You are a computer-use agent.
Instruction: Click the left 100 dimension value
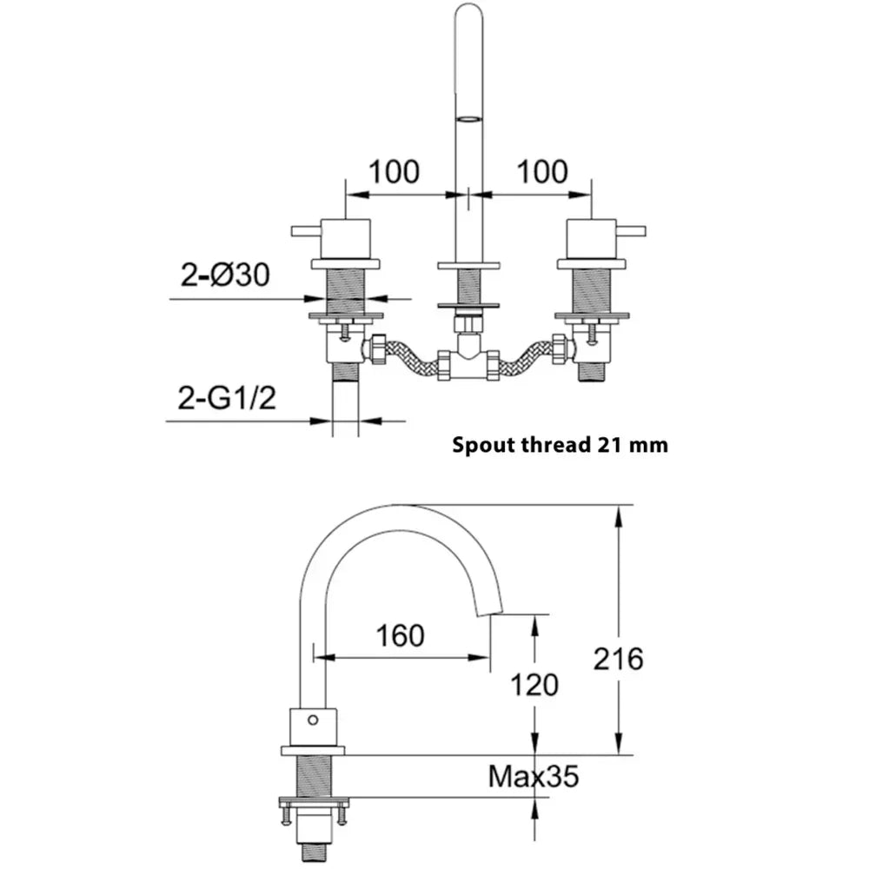click(394, 172)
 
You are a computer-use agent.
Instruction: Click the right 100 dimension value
click(542, 172)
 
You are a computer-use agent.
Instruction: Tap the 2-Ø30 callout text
click(225, 275)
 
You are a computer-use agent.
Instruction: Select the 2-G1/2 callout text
click(227, 397)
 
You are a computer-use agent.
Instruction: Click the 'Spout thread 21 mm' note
click(560, 445)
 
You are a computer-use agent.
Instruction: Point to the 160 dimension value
click(400, 635)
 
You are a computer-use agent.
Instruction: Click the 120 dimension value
click(534, 685)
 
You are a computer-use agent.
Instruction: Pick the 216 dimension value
click(618, 659)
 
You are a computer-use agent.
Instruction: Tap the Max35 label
click(534, 776)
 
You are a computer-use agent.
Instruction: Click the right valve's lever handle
click(631, 231)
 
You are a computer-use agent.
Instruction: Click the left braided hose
click(410, 355)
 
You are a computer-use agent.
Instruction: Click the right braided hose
click(526, 355)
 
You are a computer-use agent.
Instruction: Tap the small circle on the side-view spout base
click(313, 720)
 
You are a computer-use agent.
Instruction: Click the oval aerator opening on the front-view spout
click(468, 118)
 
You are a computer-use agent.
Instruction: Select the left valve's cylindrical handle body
click(345, 240)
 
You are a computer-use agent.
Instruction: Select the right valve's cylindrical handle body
click(591, 240)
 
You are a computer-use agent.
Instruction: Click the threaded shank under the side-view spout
click(314, 776)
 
